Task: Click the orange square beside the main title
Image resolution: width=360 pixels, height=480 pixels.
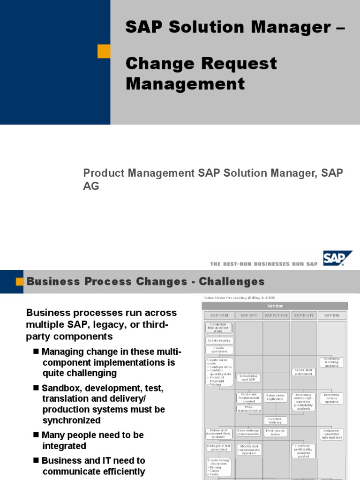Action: point(104,51)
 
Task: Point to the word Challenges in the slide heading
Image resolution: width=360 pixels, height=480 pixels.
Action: point(232,282)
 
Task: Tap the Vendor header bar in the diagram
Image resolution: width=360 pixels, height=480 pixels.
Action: point(275,306)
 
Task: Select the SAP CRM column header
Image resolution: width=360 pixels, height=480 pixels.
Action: point(219,316)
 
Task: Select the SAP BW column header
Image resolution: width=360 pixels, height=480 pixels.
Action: point(332,316)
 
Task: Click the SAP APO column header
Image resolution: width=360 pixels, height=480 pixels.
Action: point(248,316)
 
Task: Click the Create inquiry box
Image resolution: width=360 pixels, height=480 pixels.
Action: point(219,340)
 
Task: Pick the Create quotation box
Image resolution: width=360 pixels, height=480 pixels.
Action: point(219,350)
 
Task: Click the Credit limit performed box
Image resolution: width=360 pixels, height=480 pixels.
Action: point(304,372)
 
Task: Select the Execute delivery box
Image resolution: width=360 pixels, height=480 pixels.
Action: point(276,420)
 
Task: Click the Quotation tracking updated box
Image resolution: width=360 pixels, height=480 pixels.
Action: point(332,362)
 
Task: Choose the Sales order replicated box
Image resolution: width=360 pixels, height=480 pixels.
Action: point(276,397)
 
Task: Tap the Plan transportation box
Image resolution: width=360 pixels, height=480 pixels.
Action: point(249,409)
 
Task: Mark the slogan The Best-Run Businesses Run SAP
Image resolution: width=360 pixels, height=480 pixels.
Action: point(264,264)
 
